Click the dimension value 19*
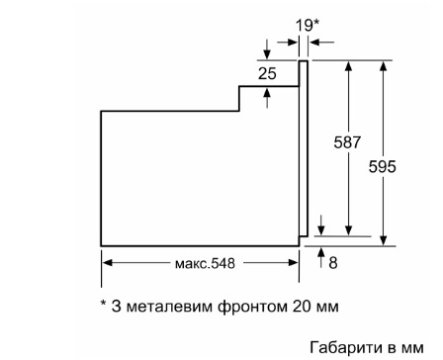click(308, 26)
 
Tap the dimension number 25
click(267, 73)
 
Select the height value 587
click(347, 142)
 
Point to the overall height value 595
click(383, 166)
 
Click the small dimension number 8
click(333, 263)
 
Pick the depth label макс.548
click(205, 263)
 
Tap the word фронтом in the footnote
click(252, 308)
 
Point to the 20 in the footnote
click(302, 307)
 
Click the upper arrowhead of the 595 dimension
click(383, 65)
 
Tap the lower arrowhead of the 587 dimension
click(349, 231)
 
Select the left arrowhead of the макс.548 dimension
click(107, 263)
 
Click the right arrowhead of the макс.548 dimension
click(294, 263)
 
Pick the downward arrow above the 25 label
click(267, 49)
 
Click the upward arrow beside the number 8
click(321, 257)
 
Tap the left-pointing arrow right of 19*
click(322, 43)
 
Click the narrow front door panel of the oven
click(304, 148)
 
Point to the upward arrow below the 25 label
click(267, 98)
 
